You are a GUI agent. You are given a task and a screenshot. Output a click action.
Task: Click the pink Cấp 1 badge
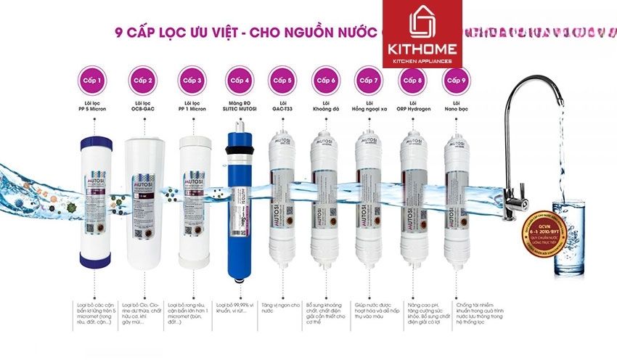click(x=92, y=80)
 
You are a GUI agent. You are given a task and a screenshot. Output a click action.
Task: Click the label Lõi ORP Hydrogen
click(x=412, y=107)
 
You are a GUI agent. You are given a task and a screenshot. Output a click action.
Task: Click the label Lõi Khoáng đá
click(x=324, y=107)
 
